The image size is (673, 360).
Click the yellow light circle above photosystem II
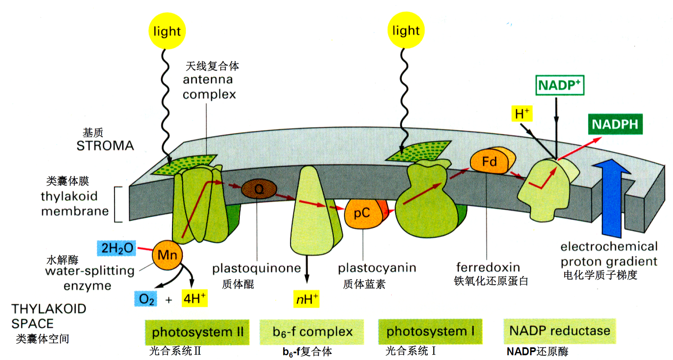[167, 31]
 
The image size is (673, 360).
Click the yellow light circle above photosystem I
[406, 30]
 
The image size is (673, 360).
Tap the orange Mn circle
[167, 255]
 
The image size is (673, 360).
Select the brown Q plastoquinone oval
[259, 189]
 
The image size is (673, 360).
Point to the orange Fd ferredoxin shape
[490, 161]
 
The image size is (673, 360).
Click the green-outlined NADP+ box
[560, 85]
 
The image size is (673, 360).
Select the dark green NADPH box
[615, 124]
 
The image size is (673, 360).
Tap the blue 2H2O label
[117, 248]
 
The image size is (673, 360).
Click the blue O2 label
[146, 299]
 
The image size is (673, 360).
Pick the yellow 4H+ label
[195, 298]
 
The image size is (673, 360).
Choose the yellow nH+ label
[306, 299]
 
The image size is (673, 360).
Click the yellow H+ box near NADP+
[522, 114]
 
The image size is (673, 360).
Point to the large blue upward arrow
[612, 198]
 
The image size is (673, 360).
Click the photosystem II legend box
[197, 332]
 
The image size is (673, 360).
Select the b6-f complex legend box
[312, 331]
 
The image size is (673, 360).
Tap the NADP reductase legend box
[560, 331]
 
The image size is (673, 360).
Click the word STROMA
[105, 146]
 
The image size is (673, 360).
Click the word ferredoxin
[488, 267]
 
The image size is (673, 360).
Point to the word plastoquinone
[256, 268]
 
